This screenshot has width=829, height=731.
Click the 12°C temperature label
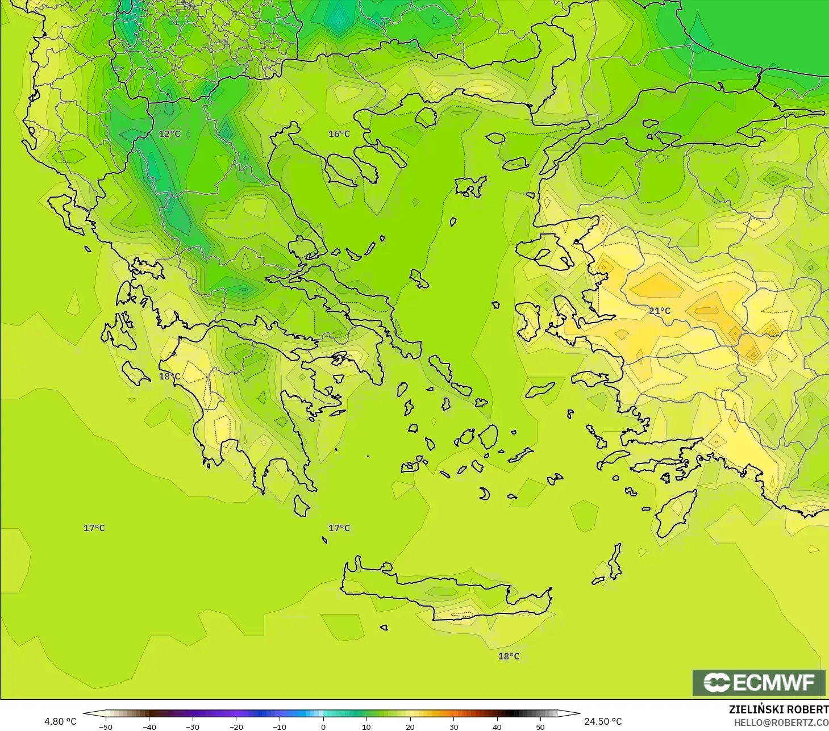tap(169, 134)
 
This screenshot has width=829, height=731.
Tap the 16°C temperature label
tap(339, 134)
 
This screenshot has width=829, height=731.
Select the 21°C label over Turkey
tap(660, 311)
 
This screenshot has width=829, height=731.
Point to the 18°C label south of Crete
tap(509, 657)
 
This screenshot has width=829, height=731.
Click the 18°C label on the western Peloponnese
tap(169, 377)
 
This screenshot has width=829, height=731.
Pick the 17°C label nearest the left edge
tap(94, 528)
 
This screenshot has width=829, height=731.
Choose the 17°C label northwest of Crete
tap(339, 528)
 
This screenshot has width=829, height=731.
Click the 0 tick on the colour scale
tap(323, 726)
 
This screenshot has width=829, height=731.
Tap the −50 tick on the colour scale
tap(106, 726)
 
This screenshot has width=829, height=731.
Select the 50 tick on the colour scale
tap(540, 726)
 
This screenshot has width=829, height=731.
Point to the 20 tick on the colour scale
tap(410, 726)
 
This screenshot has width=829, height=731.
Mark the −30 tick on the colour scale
tap(192, 726)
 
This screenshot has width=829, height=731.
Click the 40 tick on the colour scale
tap(497, 726)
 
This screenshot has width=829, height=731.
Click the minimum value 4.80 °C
tap(60, 721)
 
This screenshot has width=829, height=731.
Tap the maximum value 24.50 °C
tap(603, 721)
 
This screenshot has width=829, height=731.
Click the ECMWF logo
tap(759, 682)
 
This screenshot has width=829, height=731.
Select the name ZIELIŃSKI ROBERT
tap(778, 709)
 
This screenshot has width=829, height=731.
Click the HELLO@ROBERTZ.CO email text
tap(781, 722)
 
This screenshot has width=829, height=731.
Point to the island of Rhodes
tap(674, 512)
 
